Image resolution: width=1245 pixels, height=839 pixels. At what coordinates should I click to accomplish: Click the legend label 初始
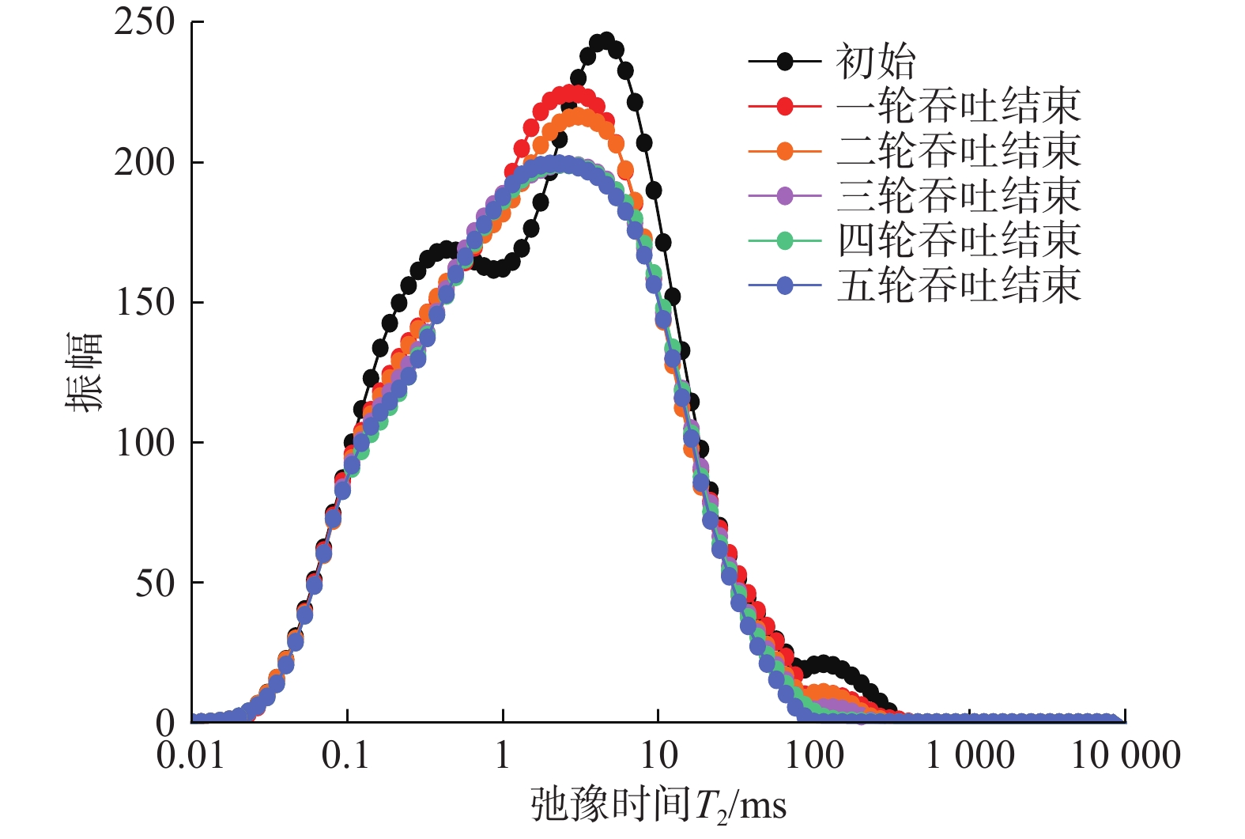tap(876, 62)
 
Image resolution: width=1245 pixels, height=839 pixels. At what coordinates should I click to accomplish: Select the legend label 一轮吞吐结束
tap(958, 106)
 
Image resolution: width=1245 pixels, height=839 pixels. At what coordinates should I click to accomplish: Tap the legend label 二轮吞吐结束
tap(958, 151)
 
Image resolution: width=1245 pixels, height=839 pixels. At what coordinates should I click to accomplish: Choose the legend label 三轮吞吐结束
tap(958, 195)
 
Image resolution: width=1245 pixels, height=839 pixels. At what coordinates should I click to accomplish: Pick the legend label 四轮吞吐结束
tap(958, 240)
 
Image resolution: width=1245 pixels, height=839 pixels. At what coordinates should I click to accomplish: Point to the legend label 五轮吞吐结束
tap(958, 285)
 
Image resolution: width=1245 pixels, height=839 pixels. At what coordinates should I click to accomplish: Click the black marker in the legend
tap(785, 62)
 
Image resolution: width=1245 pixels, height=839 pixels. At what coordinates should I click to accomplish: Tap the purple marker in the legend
tap(785, 195)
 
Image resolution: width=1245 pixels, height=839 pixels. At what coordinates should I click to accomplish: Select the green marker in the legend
tap(785, 240)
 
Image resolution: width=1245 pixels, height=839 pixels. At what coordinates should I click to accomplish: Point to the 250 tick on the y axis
tap(145, 22)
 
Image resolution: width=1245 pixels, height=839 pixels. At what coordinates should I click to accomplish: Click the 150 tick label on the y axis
tap(145, 303)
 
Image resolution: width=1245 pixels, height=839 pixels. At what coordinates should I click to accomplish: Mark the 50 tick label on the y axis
tap(155, 584)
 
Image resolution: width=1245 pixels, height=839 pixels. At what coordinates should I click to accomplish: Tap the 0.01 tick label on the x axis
tap(191, 756)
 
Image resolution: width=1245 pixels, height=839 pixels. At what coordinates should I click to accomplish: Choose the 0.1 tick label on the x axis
tap(346, 756)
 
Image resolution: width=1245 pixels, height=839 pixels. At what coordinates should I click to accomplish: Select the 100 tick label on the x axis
tap(813, 756)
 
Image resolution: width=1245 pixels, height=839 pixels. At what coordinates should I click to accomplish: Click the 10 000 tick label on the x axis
tap(1125, 756)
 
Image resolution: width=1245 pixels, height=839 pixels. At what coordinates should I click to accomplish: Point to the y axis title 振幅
tap(84, 372)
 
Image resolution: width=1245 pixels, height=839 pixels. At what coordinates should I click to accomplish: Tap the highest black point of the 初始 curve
tap(606, 41)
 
